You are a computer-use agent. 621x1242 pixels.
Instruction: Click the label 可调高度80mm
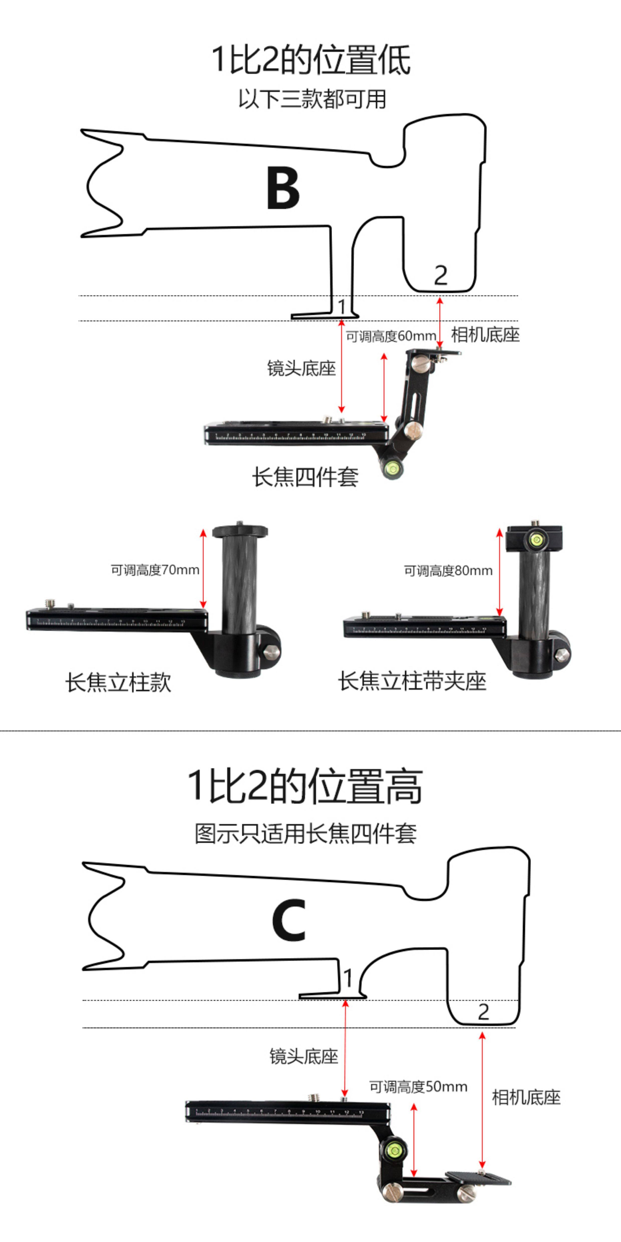pyautogui.click(x=448, y=571)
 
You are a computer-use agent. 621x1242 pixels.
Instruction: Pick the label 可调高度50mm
pyautogui.click(x=418, y=1087)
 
